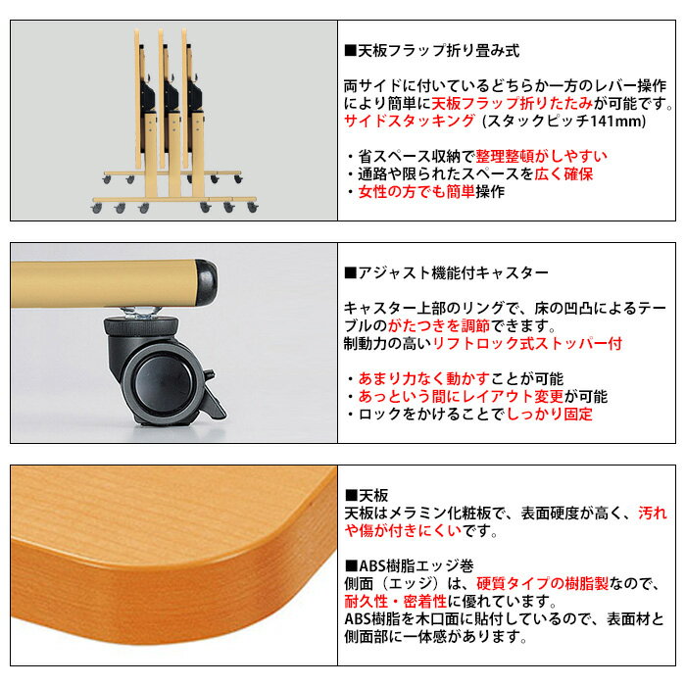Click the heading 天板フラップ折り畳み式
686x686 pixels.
click(x=439, y=51)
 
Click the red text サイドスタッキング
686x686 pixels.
click(x=410, y=121)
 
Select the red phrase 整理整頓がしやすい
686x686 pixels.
click(x=541, y=156)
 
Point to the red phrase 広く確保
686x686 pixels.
click(x=563, y=174)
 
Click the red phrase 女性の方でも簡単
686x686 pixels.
click(x=416, y=192)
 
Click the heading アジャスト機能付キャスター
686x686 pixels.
click(x=453, y=273)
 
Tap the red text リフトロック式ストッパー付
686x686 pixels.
click(x=527, y=343)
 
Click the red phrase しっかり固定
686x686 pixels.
click(x=550, y=414)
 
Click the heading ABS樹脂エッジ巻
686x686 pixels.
click(x=416, y=566)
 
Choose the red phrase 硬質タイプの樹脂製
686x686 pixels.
click(x=542, y=584)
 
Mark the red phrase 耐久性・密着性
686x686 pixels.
click(x=396, y=602)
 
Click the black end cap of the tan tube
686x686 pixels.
click(x=206, y=283)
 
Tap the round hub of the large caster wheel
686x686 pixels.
click(x=163, y=381)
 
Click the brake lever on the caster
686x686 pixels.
click(x=214, y=396)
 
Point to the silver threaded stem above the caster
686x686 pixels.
click(x=140, y=313)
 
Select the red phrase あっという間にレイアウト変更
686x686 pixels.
click(x=462, y=396)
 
